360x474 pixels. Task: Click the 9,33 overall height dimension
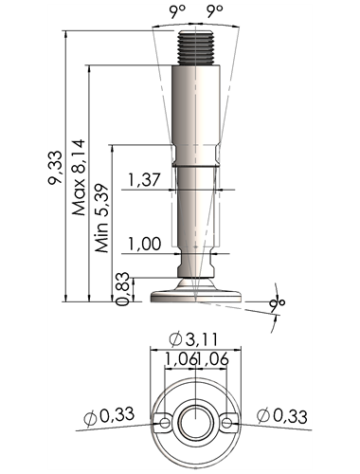[x=54, y=168]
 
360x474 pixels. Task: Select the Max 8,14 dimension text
[x=79, y=177]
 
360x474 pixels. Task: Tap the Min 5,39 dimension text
[x=102, y=218]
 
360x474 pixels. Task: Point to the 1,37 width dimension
[x=144, y=180]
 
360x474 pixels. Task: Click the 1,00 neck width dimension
[x=144, y=244]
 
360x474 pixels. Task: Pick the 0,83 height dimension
[x=122, y=288]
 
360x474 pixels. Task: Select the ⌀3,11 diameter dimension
[x=193, y=339]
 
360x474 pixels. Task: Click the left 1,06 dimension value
[x=181, y=359]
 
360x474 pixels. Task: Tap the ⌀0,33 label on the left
[x=109, y=416]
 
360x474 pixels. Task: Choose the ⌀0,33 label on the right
[x=282, y=416]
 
